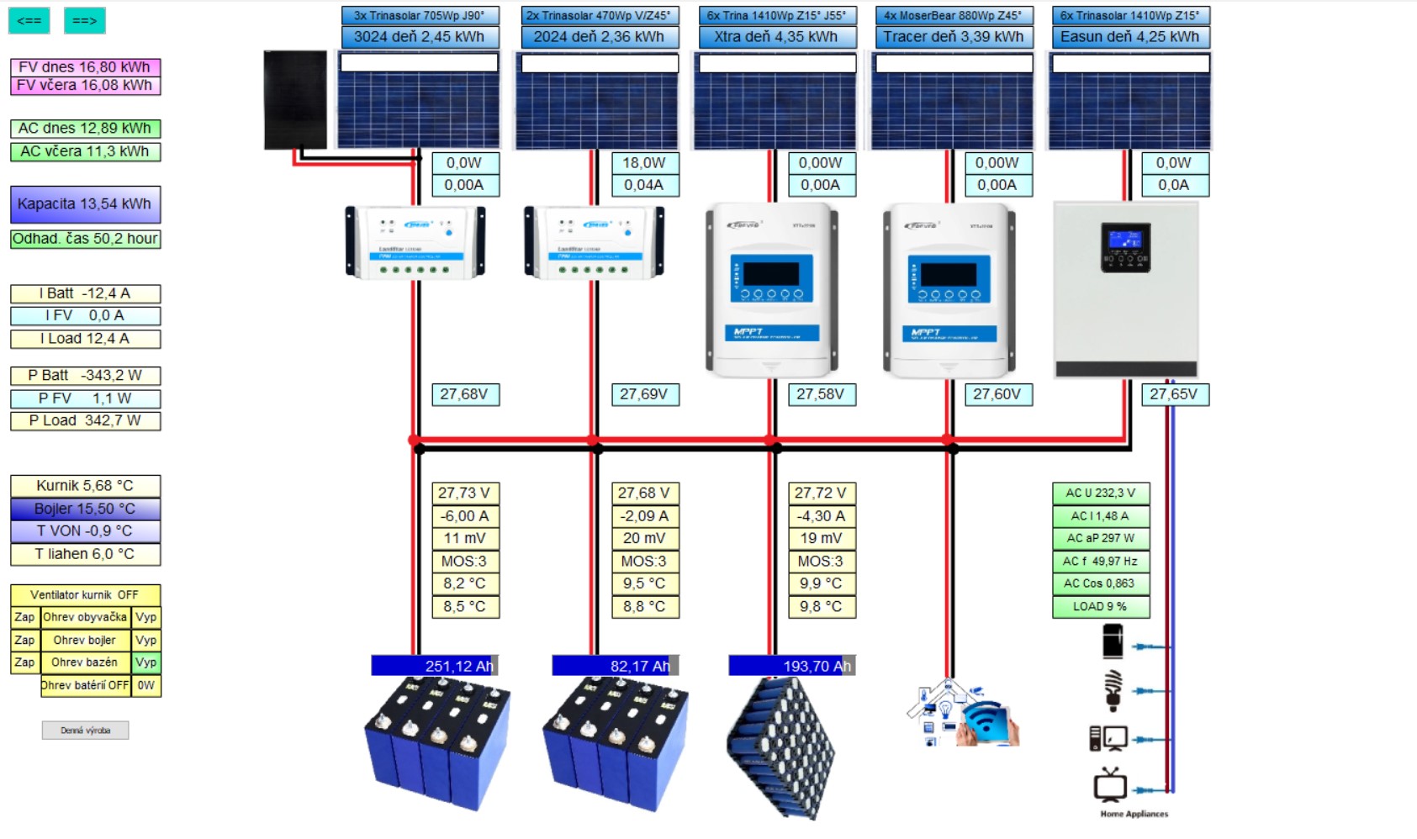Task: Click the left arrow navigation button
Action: [x=29, y=20]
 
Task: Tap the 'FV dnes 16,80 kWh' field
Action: [x=85, y=66]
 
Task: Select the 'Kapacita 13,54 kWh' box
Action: [x=85, y=204]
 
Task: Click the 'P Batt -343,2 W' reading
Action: [x=85, y=376]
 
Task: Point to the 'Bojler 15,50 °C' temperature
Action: [x=85, y=509]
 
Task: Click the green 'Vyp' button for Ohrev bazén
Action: [x=146, y=662]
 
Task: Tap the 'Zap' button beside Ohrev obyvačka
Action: [x=24, y=617]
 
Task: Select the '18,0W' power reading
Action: [x=644, y=163]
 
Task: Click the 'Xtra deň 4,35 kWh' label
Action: [x=776, y=37]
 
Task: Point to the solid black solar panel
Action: [x=295, y=99]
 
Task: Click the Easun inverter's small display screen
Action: [x=1125, y=241]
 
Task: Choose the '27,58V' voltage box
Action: [x=821, y=394]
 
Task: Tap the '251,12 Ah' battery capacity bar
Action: [x=435, y=666]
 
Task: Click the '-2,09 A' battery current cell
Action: [x=644, y=516]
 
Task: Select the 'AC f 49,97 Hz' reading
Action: [x=1100, y=562]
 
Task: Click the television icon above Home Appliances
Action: [x=1110, y=785]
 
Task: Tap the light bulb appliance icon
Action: [x=1113, y=689]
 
